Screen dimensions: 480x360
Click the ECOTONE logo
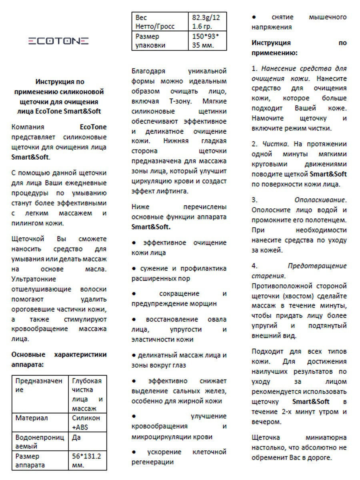click(58, 41)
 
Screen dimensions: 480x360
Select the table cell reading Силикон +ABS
click(86, 422)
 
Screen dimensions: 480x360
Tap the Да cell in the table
click(76, 437)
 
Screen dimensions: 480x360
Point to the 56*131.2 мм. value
click(86, 460)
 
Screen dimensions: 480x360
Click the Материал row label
click(32, 418)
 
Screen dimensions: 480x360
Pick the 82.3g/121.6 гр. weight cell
click(206, 22)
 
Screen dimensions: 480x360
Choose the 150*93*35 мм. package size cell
click(206, 41)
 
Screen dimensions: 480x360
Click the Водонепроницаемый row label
click(39, 441)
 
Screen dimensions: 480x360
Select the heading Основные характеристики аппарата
click(59, 359)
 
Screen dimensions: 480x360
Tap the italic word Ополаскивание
click(320, 200)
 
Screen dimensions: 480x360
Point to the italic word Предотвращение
click(317, 266)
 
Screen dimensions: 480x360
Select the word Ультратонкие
click(34, 279)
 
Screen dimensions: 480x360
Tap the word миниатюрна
click(326, 437)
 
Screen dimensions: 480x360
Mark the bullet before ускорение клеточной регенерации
click(134, 452)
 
